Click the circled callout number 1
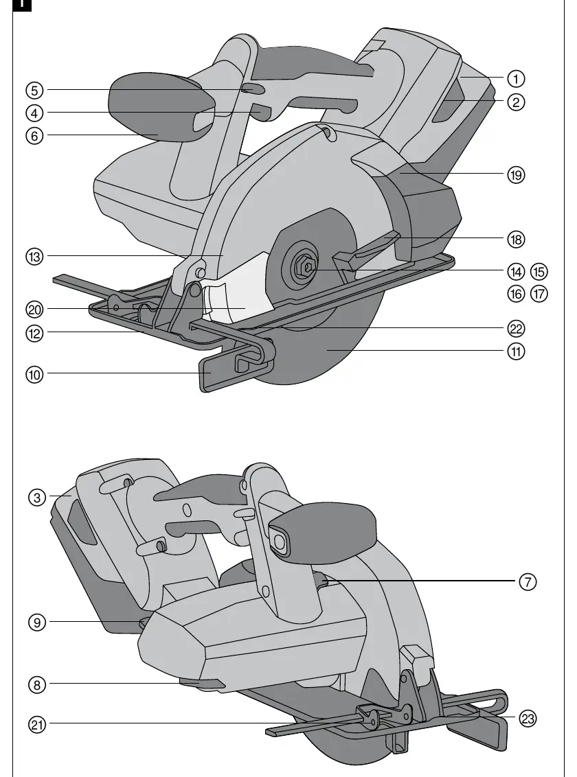516,79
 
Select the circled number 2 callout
516,102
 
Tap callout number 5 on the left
34,90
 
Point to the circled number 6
34,136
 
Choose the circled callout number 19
516,174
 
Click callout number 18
516,240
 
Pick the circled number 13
34,257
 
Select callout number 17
539,294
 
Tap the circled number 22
516,329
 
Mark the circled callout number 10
34,375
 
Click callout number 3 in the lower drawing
36,497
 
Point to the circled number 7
528,581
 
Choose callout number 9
36,623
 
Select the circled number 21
36,725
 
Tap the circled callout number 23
528,718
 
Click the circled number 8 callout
36,685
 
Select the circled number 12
34,333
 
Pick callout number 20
34,310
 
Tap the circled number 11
516,351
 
